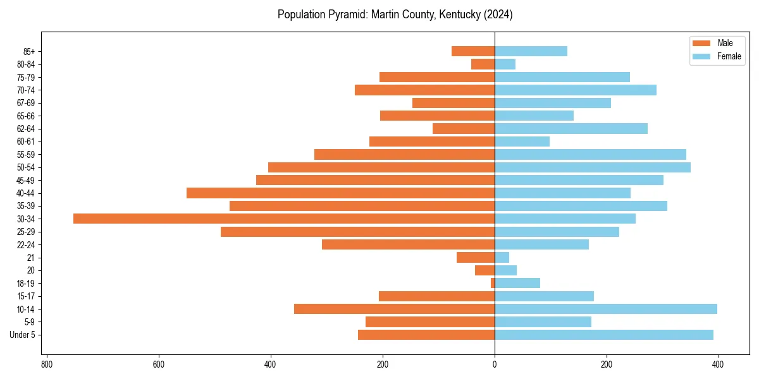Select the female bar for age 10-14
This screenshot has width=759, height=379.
tap(605, 309)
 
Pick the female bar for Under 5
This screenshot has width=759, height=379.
tap(603, 335)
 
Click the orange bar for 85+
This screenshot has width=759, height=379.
tap(473, 51)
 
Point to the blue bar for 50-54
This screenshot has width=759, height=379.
tap(592, 167)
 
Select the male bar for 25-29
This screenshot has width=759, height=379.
tap(357, 232)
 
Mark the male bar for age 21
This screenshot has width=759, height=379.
tap(476, 258)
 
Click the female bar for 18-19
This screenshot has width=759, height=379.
tap(517, 283)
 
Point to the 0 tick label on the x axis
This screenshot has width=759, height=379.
tap(495, 364)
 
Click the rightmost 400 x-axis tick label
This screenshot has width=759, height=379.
tap(718, 364)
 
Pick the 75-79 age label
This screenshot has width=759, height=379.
tap(25, 77)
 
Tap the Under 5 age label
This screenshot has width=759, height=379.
tap(22, 335)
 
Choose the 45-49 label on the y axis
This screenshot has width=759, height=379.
tap(25, 180)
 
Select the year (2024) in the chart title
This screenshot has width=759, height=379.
tap(498, 15)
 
